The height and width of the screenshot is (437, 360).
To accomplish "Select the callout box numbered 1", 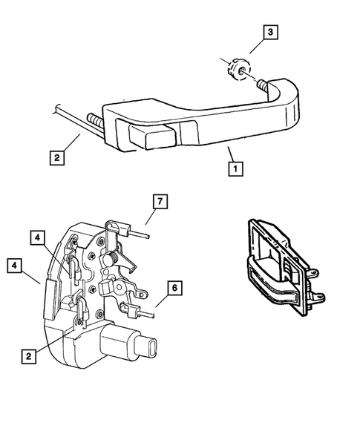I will click(234, 168).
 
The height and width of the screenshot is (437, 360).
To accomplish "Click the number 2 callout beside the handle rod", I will click(55, 157).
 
